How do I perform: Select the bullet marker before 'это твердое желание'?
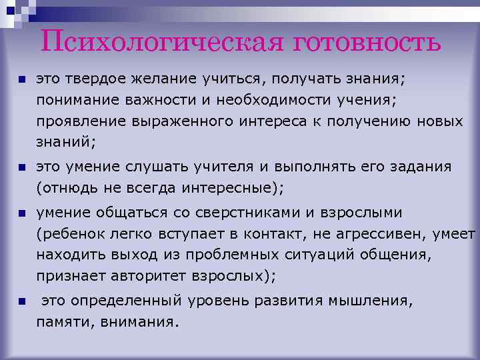tap(21, 79)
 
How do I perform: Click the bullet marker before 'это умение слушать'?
tap(21, 167)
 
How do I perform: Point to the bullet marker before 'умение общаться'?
tap(21, 214)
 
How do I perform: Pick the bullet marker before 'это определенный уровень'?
tap(21, 302)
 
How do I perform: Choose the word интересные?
tap(231, 188)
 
